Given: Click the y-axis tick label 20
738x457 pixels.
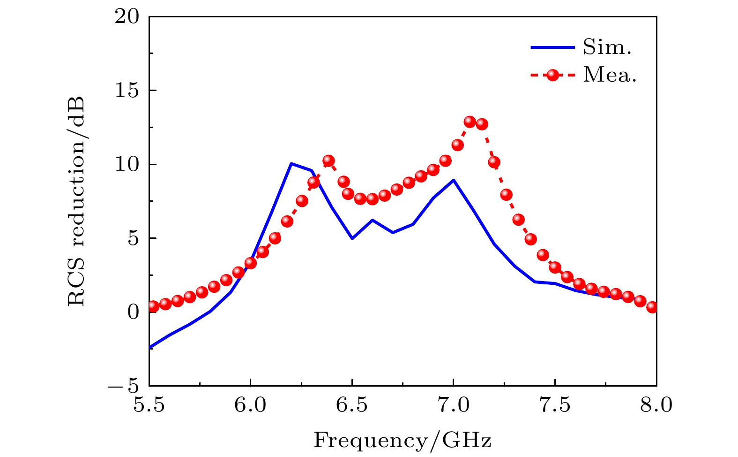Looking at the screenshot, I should pos(127,17).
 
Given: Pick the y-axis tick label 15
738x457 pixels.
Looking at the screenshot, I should pos(127,91).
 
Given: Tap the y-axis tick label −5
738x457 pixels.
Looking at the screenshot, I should pos(124,386).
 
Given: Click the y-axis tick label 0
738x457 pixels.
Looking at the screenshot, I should pos(134,312).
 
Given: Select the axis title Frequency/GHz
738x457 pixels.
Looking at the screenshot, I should pos(403,441).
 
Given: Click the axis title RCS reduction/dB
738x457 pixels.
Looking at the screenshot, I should pos(77,201).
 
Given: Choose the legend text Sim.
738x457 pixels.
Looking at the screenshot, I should pos(607,47).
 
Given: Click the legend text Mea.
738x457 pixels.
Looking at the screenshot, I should pos(610,75).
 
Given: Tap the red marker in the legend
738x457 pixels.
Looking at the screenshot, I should pos(553,75).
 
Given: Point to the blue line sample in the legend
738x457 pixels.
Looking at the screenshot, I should pos(552,47).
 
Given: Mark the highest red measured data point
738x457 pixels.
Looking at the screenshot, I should pos(470,122).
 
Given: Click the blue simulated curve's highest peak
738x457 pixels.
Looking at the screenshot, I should pos(291,164).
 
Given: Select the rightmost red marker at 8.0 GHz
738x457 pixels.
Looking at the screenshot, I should pos(652,307).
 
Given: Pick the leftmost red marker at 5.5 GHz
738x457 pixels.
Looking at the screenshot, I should pos(153,306).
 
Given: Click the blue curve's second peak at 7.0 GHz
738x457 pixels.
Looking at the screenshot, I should pos(453,180).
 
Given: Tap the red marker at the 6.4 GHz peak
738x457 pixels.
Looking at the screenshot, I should pos(328,160).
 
